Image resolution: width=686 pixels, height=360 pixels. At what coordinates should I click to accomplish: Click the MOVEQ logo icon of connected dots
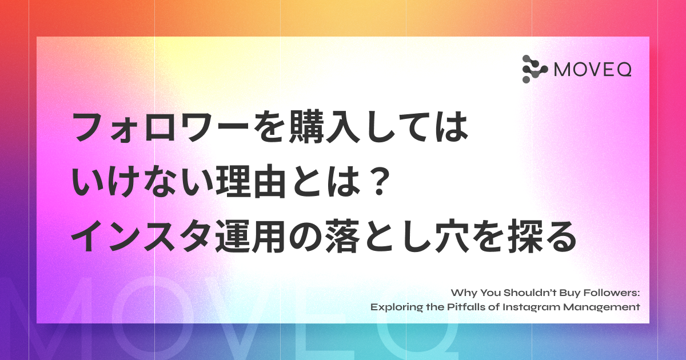point(535,69)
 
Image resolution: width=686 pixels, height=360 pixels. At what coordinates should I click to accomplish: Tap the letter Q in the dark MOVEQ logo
point(624,70)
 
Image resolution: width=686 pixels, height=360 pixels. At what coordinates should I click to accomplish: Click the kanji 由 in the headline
point(269,182)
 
